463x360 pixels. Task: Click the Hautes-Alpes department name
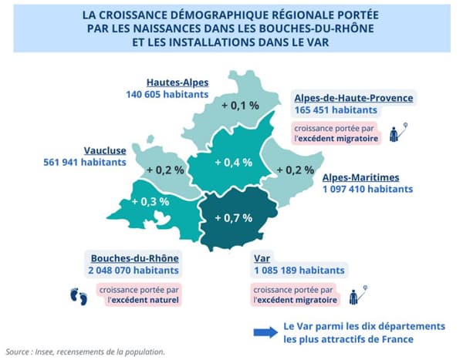(177, 82)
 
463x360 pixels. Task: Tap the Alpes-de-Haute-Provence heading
(353, 98)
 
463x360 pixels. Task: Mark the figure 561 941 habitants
(85, 163)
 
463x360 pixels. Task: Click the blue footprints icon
(78, 295)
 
